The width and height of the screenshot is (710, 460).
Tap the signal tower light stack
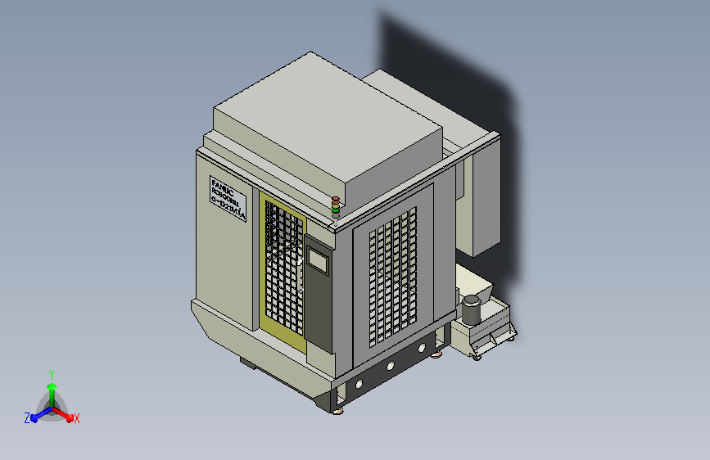click(x=335, y=206)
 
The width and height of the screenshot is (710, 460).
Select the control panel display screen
click(x=317, y=261)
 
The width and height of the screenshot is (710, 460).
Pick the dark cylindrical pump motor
click(x=471, y=309)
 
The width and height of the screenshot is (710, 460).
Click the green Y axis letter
click(x=51, y=372)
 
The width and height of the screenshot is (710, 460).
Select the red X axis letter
click(x=76, y=418)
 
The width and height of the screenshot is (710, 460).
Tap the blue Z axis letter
click(x=27, y=418)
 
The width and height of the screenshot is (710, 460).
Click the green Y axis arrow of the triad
click(x=52, y=388)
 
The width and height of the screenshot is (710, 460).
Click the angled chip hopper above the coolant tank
click(x=474, y=282)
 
